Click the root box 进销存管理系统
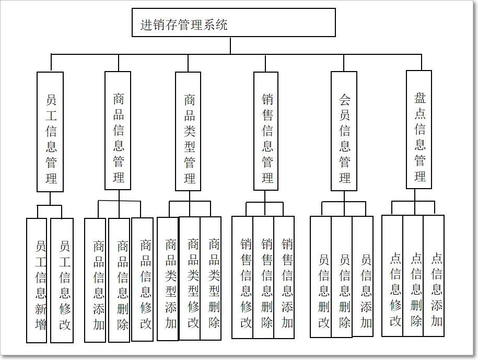coord(234,22)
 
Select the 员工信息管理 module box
coord(51,131)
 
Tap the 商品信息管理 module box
coord(118,131)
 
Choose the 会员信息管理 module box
coord(344,131)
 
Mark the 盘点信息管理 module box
coord(419,129)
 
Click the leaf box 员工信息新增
coord(37,280)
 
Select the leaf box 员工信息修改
coord(62,280)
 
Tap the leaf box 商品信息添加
coord(96,280)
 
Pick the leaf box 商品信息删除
coord(120,280)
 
